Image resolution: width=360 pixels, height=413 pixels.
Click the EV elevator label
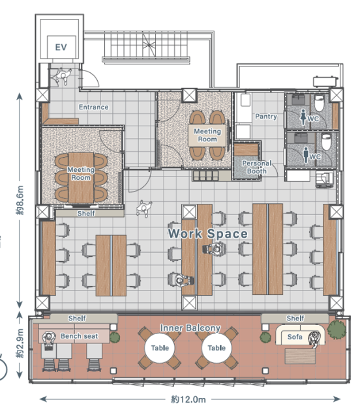61,48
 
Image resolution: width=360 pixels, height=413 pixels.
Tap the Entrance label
94,107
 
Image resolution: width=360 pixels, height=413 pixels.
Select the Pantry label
266,117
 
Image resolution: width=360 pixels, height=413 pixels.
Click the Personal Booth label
256,167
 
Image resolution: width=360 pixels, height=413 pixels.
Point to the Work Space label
208,234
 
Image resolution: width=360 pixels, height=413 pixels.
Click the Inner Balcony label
190,328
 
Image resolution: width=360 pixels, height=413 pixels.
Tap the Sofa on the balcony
295,337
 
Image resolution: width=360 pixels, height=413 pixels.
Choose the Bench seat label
79,336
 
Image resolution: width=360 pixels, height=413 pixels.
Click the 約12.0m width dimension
188,399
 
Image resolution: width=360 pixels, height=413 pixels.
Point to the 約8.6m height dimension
20,200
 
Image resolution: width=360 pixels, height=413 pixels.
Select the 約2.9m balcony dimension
20,343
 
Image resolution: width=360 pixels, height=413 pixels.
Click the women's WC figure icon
303,117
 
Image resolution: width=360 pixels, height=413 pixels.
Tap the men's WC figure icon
306,155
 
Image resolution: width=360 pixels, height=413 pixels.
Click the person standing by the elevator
63,76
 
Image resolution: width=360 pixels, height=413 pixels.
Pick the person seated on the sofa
314,339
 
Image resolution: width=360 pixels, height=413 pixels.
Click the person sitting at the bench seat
49,340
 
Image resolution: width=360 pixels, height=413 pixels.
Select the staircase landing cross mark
149,45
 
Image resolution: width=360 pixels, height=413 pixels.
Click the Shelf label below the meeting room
86,213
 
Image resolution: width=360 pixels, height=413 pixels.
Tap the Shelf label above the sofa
295,319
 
